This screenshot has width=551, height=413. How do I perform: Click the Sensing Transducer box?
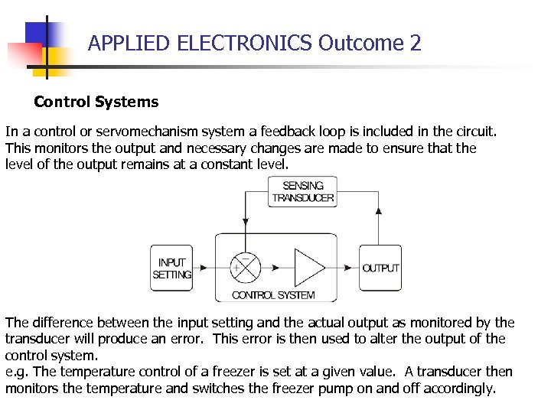[303, 191]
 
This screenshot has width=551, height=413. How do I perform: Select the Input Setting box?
[171, 268]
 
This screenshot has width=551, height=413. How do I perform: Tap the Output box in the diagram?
[380, 268]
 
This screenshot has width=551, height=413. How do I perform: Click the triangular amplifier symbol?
[309, 268]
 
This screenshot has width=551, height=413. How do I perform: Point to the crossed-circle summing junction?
[245, 268]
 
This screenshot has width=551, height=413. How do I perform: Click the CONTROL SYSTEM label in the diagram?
[273, 295]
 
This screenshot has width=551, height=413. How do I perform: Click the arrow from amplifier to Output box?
[343, 268]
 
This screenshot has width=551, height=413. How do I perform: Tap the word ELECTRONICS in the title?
[245, 43]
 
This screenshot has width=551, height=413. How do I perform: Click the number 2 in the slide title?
[416, 43]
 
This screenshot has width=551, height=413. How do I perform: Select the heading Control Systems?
[96, 102]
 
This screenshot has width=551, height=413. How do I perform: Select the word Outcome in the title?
[360, 43]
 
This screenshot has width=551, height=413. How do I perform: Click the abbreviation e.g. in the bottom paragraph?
[17, 372]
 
